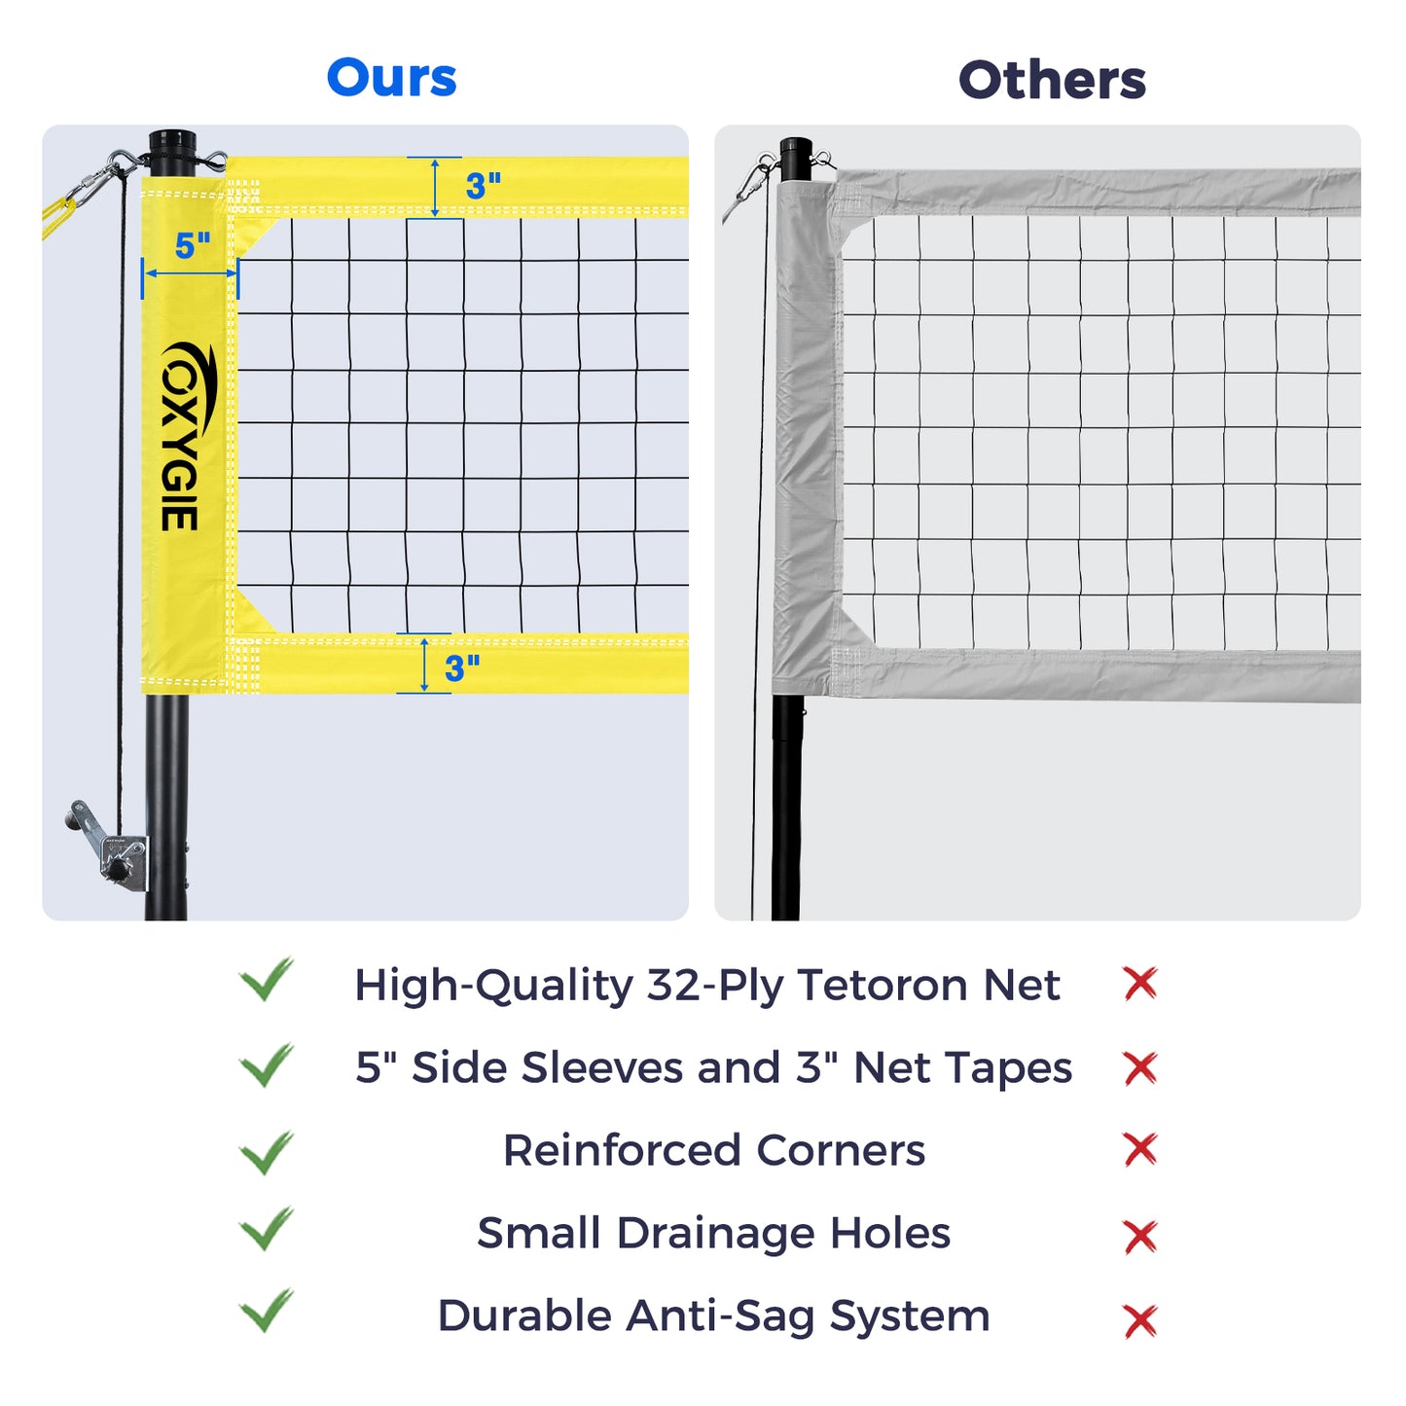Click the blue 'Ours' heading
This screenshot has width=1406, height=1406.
[x=391, y=77]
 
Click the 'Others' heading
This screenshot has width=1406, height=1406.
[x=1052, y=80]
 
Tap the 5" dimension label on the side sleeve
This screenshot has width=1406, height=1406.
[x=193, y=246]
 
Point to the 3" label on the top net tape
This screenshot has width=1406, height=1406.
[x=483, y=186]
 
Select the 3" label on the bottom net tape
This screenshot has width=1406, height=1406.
[x=462, y=667]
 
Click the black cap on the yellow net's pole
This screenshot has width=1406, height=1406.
[x=173, y=142]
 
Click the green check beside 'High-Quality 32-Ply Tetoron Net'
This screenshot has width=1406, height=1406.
[x=267, y=979]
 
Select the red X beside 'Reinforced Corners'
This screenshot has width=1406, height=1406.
[x=1140, y=1149]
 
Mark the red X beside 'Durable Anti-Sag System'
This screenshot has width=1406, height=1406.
[x=1140, y=1320]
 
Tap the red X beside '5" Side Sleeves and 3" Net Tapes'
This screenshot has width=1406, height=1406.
[x=1140, y=1067]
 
